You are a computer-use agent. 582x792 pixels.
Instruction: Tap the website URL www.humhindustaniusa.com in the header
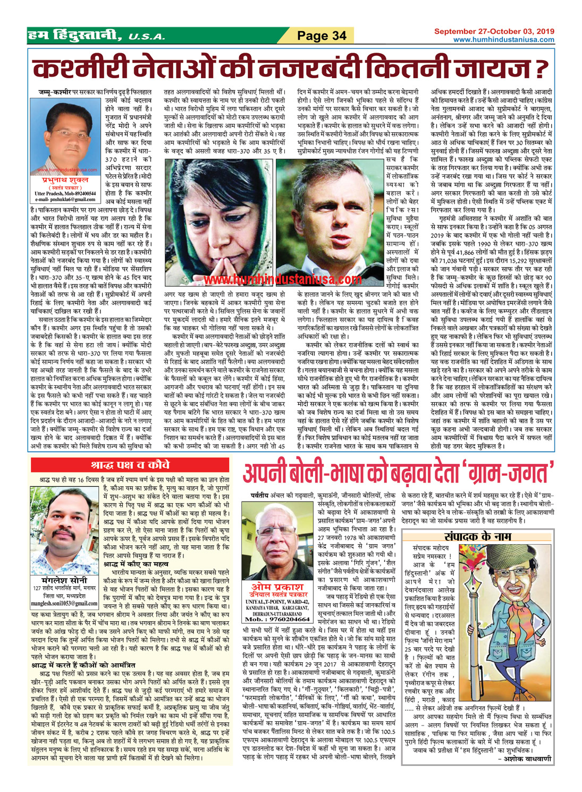(503, 40)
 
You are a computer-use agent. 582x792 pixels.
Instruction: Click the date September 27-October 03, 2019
(494, 32)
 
